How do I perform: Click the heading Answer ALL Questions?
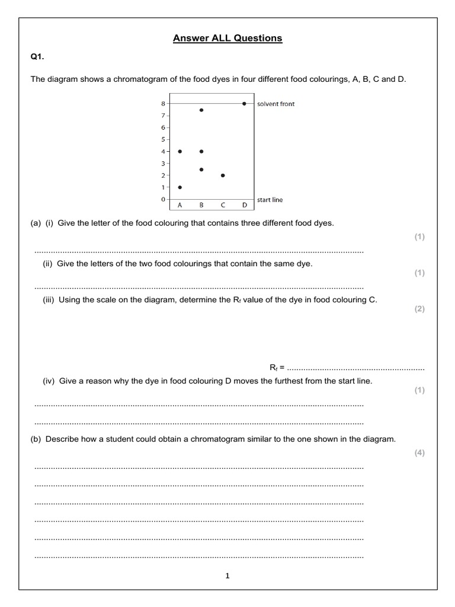pyautogui.click(x=227, y=39)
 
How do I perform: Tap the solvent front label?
pyautogui.click(x=275, y=104)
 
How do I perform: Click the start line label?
pyautogui.click(x=270, y=200)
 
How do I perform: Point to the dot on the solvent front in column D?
pyautogui.click(x=244, y=103)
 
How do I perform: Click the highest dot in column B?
pyautogui.click(x=201, y=110)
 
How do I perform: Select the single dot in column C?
pyautogui.click(x=223, y=175)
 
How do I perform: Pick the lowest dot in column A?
pyautogui.click(x=180, y=187)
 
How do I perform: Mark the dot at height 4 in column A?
pyautogui.click(x=180, y=151)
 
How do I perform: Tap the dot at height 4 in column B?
pyautogui.click(x=201, y=151)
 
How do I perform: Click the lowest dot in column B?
pyautogui.click(x=201, y=170)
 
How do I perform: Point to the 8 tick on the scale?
pyautogui.click(x=163, y=104)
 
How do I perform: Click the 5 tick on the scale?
pyautogui.click(x=163, y=139)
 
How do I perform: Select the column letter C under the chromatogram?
pyautogui.click(x=223, y=206)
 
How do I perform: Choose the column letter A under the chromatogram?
pyautogui.click(x=180, y=206)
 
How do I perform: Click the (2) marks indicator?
pyautogui.click(x=419, y=309)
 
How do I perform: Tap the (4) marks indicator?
pyautogui.click(x=419, y=453)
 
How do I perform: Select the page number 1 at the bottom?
pyautogui.click(x=227, y=576)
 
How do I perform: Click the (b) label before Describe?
pyautogui.click(x=37, y=439)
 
